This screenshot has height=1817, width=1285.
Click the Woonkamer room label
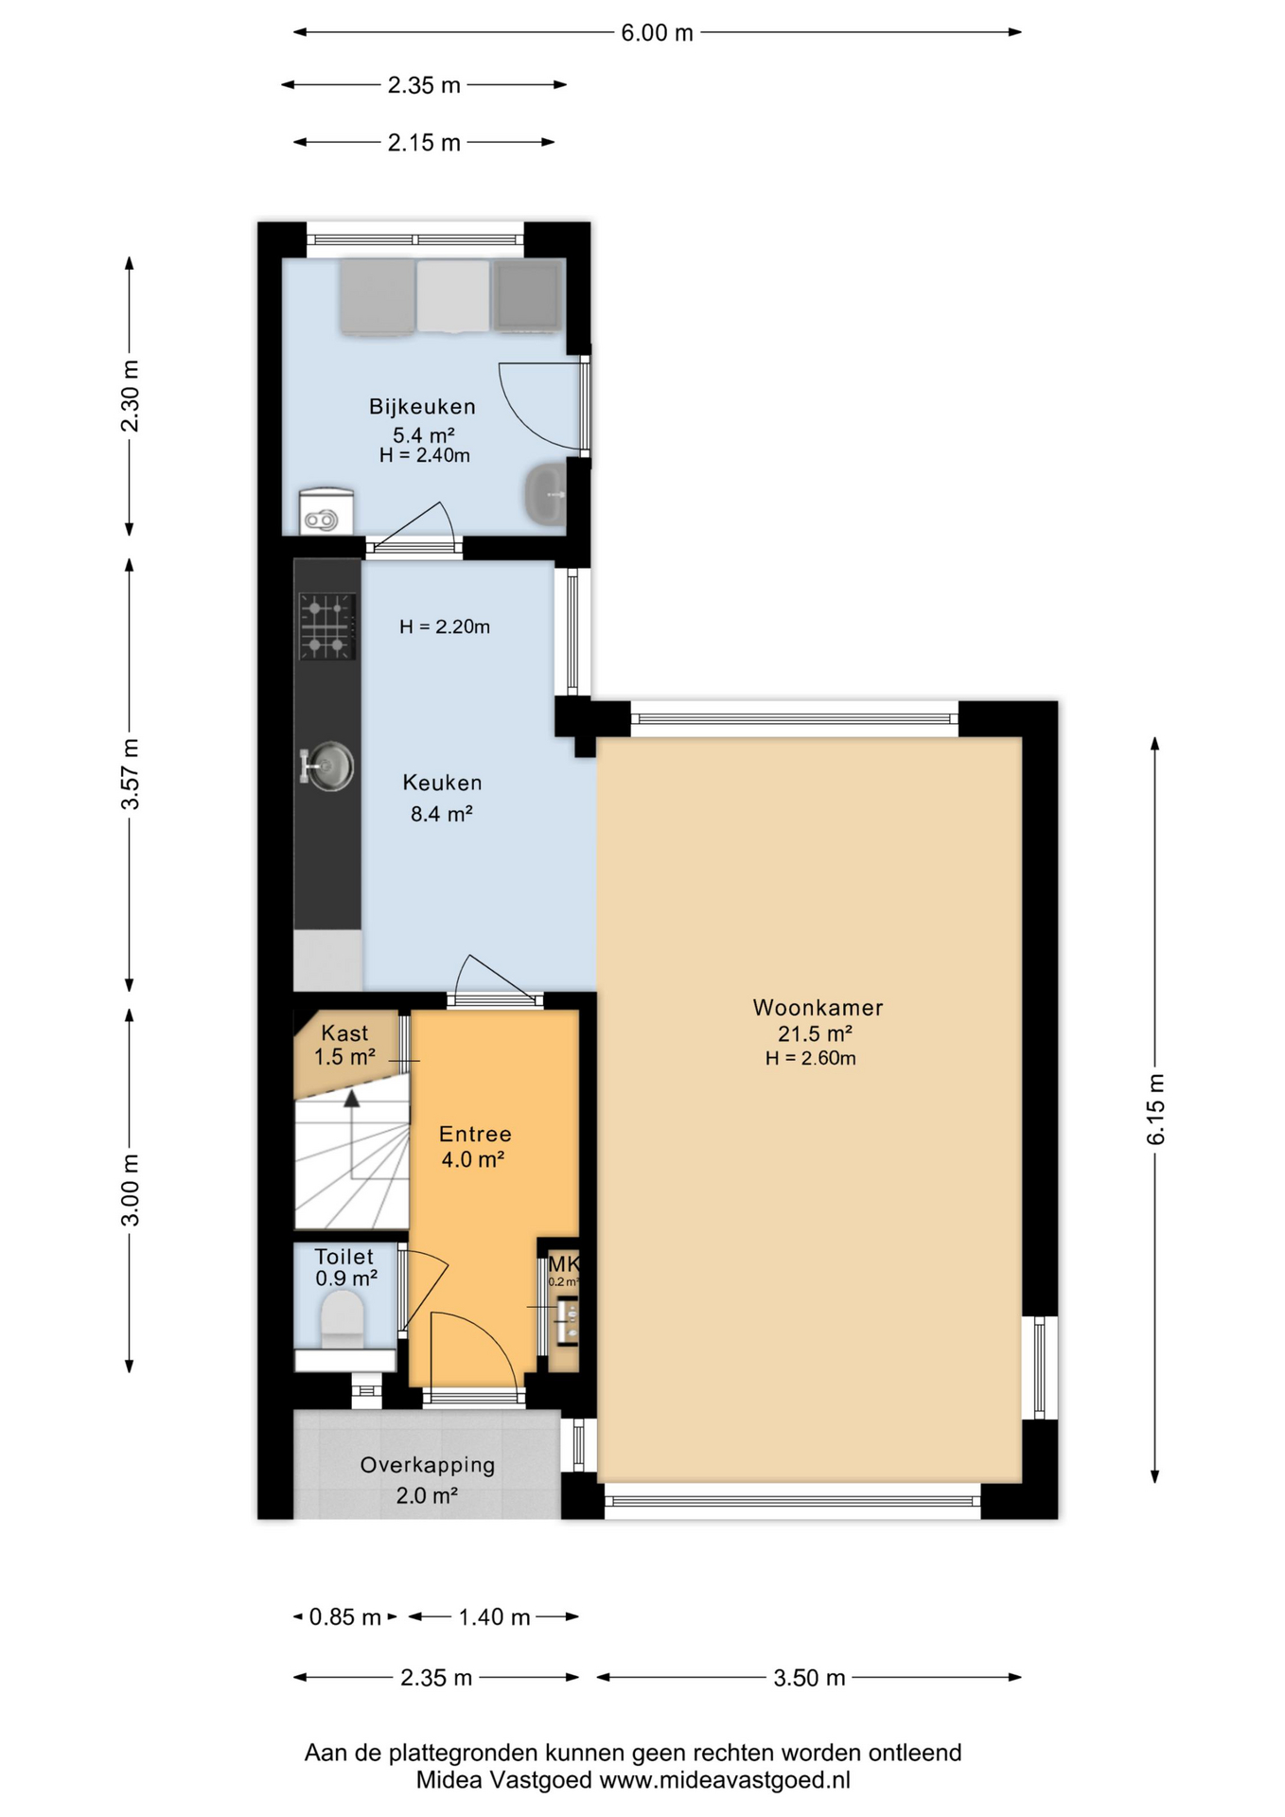pos(818,1008)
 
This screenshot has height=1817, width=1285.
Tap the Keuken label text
pos(442,783)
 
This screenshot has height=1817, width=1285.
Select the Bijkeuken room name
pos(422,407)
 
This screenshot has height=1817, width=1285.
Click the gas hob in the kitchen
pos(327,626)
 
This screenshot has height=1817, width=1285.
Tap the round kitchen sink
pos(328,766)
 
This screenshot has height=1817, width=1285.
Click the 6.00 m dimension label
pos(657,33)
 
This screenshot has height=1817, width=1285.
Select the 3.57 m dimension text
pos(131,774)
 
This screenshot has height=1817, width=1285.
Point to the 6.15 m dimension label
pos(1155,1109)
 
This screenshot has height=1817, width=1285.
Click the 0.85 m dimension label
pos(345,1616)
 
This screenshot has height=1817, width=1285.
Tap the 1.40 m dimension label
pos(494,1616)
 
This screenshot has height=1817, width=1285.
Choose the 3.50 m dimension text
pos(809,1678)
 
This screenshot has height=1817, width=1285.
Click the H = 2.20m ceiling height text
pos(445,626)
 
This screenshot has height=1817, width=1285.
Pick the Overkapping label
pos(428,1465)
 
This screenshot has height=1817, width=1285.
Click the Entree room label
pos(475,1134)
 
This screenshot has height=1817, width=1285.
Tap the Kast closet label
pos(344,1033)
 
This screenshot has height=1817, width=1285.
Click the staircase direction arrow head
pos(352,1098)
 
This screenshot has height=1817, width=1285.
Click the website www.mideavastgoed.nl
pos(726,1780)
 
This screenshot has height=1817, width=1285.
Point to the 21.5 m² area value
pos(815,1033)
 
